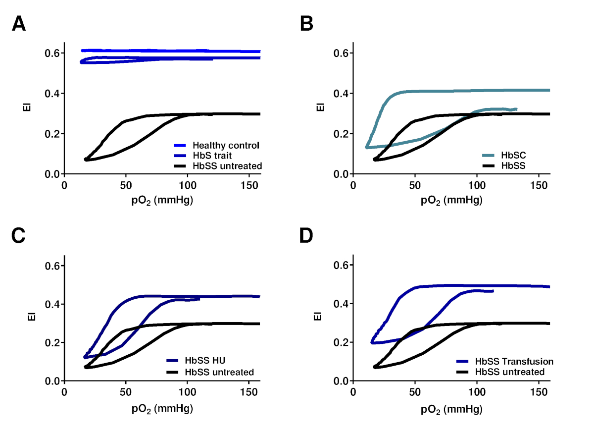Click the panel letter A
click(x=19, y=24)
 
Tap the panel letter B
click(x=307, y=24)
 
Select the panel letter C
click(x=19, y=237)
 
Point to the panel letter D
click(x=307, y=237)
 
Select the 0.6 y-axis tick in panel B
click(x=339, y=53)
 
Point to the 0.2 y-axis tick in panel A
click(x=50, y=134)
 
